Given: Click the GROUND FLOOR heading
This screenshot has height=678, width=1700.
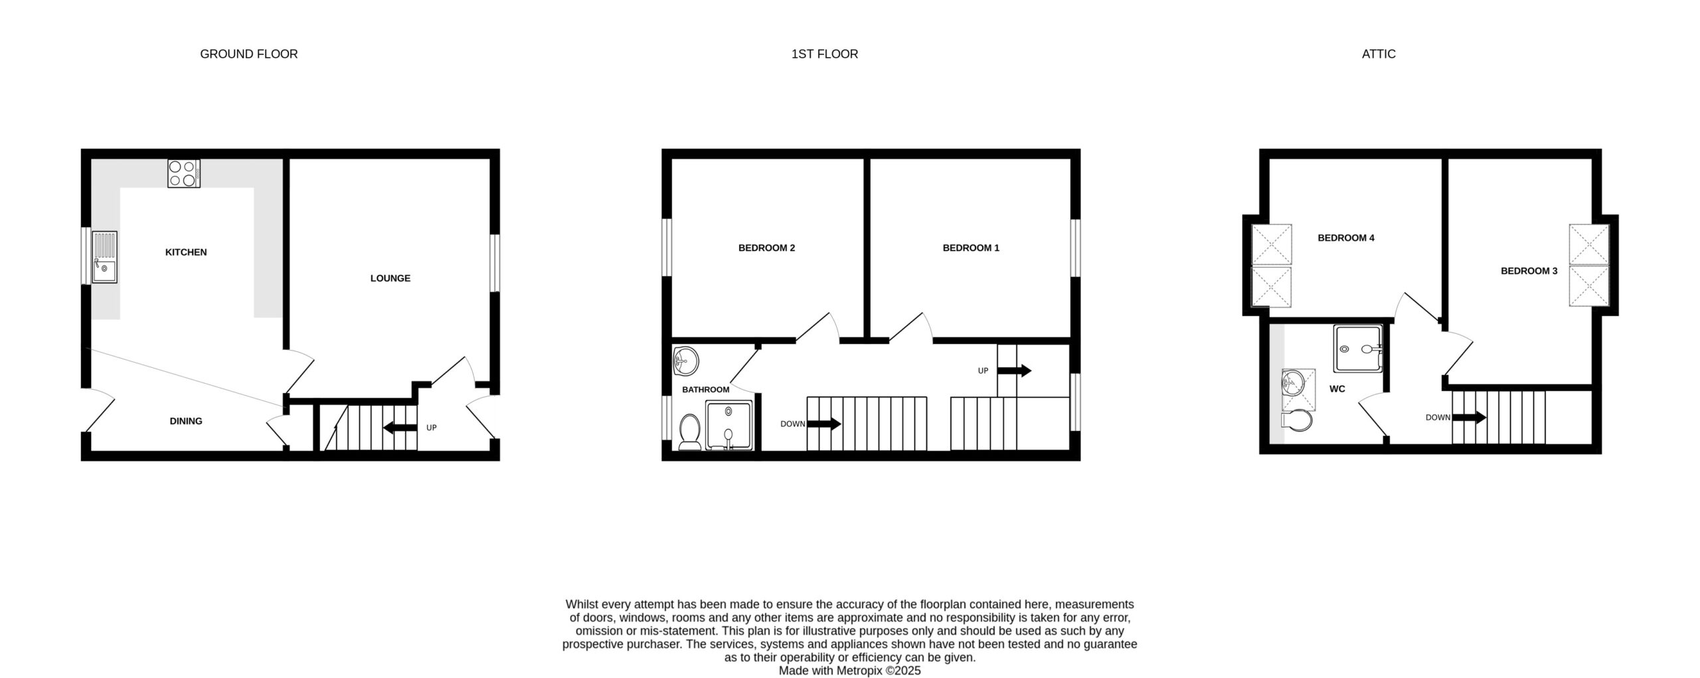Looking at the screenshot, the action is point(249,54).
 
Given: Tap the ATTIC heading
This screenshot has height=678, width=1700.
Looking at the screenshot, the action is point(1379,54).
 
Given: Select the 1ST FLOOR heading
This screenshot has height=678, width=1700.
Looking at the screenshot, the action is point(825,54).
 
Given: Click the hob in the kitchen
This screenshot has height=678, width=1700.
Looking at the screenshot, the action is point(184,173).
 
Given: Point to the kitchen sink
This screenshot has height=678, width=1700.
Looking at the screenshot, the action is point(104,257).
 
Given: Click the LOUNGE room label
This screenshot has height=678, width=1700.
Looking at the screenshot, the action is point(390,278).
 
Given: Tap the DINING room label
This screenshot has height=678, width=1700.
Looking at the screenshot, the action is point(186,421).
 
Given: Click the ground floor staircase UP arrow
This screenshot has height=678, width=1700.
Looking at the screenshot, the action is point(400,428).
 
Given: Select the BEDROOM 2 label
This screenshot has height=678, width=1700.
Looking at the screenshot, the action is point(766,248).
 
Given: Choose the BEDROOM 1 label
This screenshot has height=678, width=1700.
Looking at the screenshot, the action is point(971,248).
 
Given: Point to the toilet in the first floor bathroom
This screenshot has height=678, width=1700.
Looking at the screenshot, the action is point(689,432).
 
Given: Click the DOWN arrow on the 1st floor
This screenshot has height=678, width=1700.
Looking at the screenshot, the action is point(824,424).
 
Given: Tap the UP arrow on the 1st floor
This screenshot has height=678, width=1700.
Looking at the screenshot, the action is point(1015,371).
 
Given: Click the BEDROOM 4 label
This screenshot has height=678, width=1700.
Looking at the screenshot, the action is point(1346,238).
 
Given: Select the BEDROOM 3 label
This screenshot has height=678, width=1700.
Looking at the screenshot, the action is point(1529,271).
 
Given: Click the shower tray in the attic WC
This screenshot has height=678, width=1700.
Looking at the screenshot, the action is point(1359,348).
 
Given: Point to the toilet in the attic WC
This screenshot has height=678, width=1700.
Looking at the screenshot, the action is point(1297,420).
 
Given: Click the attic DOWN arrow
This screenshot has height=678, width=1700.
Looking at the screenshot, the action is point(1469,418).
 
